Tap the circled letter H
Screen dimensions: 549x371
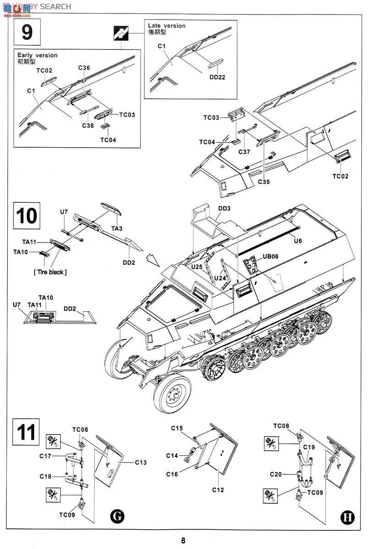348,517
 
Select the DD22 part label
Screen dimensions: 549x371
217,77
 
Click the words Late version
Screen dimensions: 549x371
167,26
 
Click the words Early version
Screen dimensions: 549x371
38,55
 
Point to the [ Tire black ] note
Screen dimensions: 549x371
50,272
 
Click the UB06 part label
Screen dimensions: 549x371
270,257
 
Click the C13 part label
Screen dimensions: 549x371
141,463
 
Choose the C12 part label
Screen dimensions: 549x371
218,490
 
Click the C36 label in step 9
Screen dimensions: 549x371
84,68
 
